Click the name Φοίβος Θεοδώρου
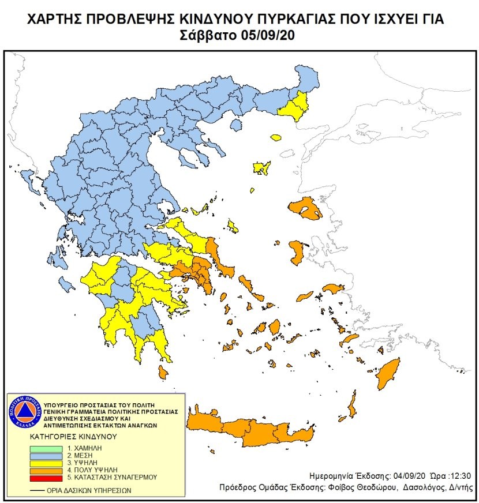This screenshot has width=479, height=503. [366, 487]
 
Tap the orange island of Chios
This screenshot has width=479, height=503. [297, 252]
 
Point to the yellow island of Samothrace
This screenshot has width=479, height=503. [276, 138]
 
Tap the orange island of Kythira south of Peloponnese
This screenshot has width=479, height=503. [163, 374]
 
